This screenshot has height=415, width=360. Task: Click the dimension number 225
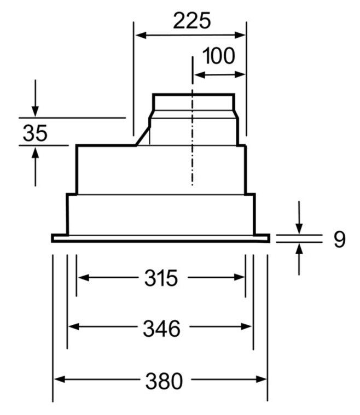point(192,20)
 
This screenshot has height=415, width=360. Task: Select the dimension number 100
point(218,56)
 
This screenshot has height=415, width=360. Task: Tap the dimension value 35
point(35,133)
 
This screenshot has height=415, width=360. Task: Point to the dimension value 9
point(339,239)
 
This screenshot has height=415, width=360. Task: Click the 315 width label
point(161,278)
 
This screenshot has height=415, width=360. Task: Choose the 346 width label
point(161,329)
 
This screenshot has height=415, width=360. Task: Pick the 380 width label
point(164,381)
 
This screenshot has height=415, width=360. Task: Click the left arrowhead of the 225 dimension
point(141,35)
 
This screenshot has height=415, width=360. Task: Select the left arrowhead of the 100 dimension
point(200,75)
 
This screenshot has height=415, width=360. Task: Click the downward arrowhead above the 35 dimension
point(35,111)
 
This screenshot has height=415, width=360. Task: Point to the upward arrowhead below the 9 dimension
point(299,249)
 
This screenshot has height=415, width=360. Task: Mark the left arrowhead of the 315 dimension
point(83,278)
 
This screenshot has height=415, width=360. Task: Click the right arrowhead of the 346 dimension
point(246,326)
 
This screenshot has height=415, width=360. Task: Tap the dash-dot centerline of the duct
point(193,121)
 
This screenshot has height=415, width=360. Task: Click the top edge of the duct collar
point(194,94)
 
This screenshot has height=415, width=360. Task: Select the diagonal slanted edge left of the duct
point(143,136)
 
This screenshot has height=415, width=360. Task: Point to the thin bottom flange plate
point(160,238)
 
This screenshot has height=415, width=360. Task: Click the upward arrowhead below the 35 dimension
point(35,153)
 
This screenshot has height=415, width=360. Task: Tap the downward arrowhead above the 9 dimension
point(299,229)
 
